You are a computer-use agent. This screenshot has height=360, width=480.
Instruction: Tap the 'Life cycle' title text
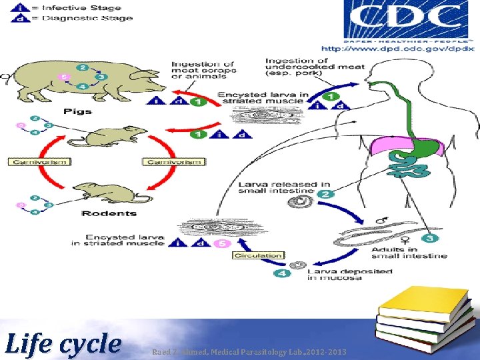pos(63,344)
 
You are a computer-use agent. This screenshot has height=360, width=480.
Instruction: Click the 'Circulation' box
pos(258,255)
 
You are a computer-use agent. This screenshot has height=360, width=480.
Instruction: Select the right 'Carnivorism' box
pos(173,161)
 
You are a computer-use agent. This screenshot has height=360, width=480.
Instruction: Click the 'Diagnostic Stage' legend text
pos(87,18)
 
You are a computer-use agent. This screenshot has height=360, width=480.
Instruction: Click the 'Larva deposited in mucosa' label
pos(349,274)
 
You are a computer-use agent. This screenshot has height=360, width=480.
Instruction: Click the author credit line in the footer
pos(249,351)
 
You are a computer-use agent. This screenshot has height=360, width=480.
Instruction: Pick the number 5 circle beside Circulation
pos(221,243)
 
